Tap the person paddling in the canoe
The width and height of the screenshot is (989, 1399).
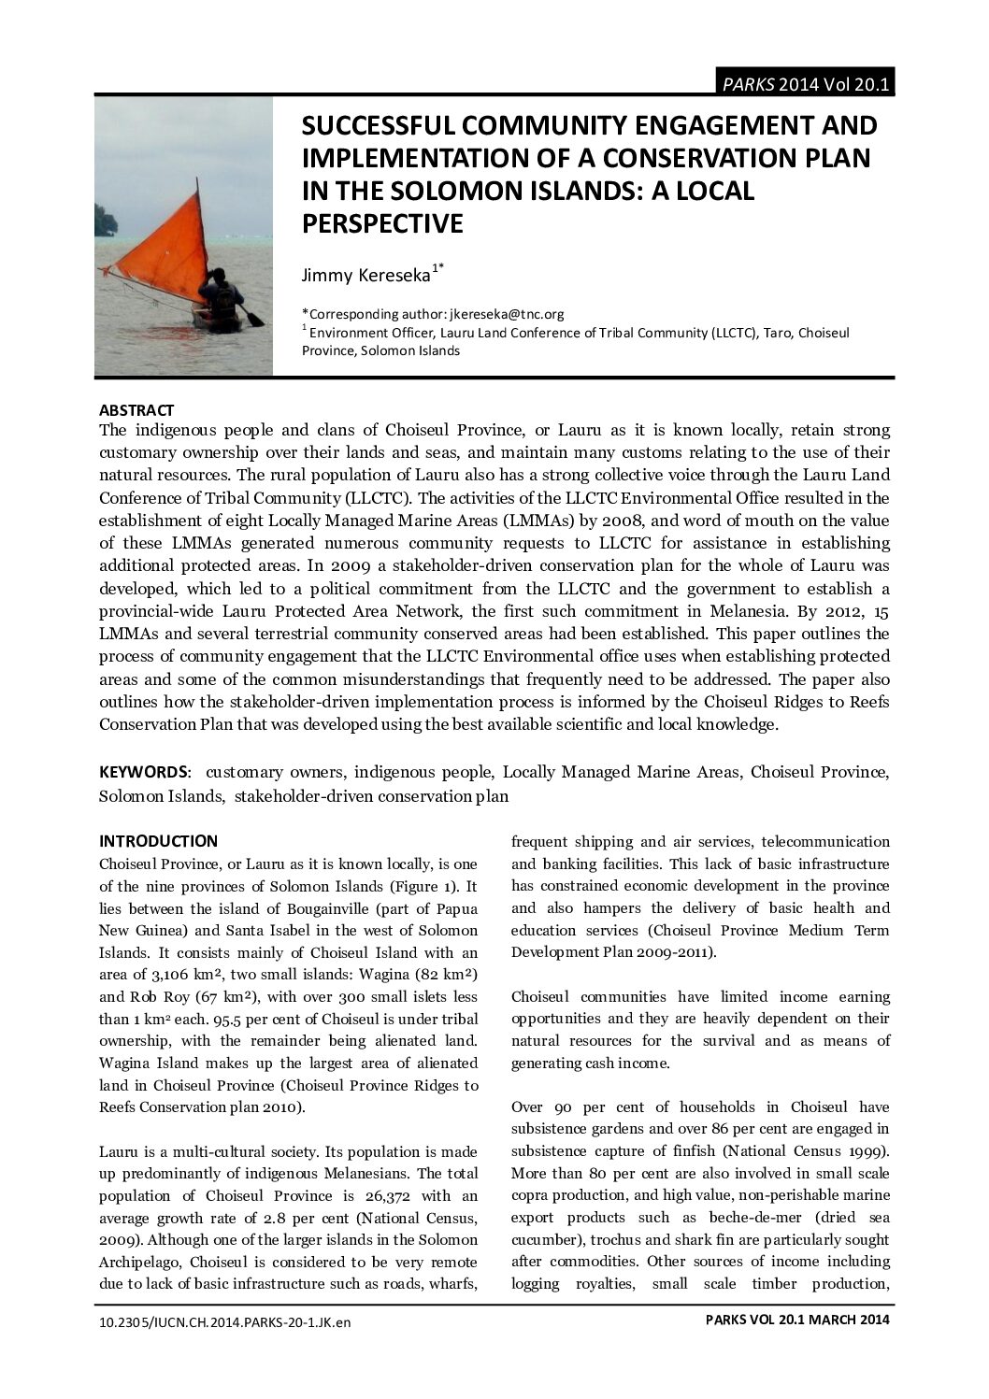tap(221, 294)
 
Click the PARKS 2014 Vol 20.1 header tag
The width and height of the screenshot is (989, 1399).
tap(805, 84)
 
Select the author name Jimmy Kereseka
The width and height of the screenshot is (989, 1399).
tap(365, 275)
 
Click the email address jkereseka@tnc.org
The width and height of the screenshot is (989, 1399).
tap(505, 314)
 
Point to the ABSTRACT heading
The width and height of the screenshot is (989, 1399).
tap(136, 410)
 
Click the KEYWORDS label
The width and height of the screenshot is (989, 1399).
tap(144, 773)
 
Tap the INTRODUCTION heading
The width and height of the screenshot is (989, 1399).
tap(158, 841)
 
